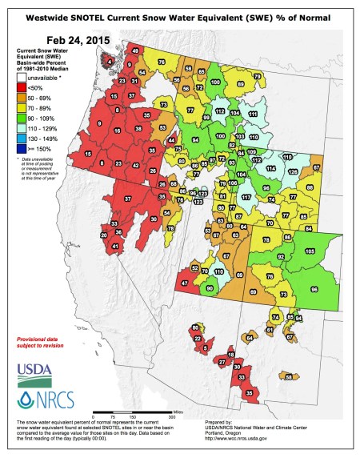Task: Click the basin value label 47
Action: (185, 283)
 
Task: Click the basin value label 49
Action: (135, 51)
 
